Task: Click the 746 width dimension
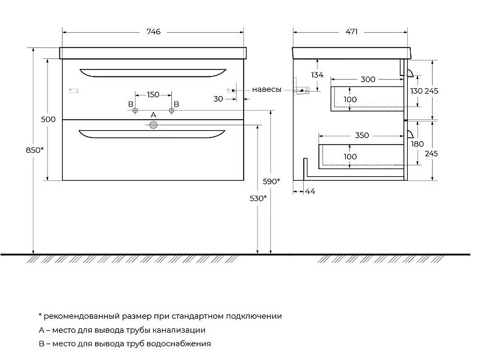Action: (x=153, y=32)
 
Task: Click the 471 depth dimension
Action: (x=351, y=32)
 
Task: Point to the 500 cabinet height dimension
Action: (x=48, y=119)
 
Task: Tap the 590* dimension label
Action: (x=272, y=181)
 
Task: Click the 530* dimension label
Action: (x=258, y=198)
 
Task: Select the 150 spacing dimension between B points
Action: (x=153, y=95)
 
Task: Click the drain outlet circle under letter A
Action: (x=153, y=125)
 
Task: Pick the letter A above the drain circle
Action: (x=153, y=115)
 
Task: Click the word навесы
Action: (x=267, y=89)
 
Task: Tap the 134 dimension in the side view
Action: (x=317, y=75)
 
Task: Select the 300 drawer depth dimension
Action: (x=368, y=80)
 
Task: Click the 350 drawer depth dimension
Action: (x=362, y=136)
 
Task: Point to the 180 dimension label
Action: (x=417, y=144)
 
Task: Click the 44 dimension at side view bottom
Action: (x=311, y=192)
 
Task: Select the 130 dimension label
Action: (x=416, y=91)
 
